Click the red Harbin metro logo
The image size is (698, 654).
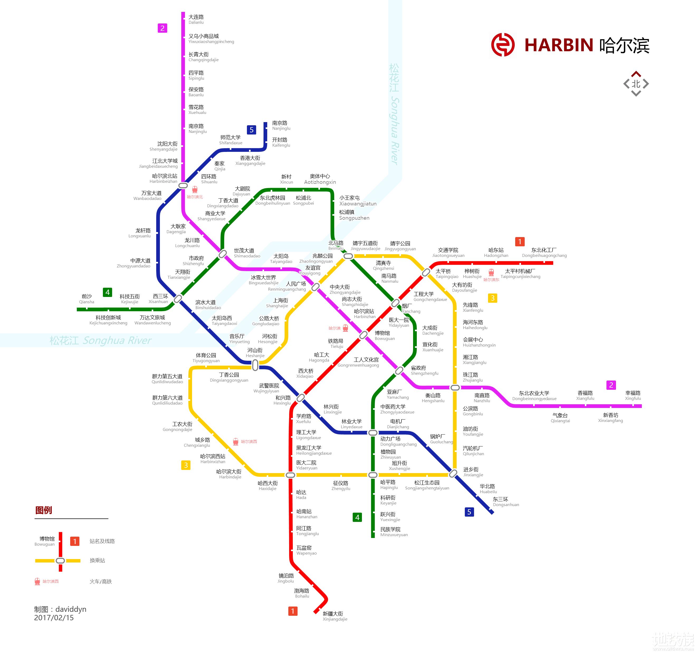[x=503, y=45]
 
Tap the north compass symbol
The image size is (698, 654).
[x=636, y=84]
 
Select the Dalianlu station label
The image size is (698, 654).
[x=196, y=19]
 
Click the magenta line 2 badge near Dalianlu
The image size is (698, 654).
[x=162, y=28]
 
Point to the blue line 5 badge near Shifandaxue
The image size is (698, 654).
[x=251, y=130]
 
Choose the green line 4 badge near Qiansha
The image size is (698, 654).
[x=107, y=292]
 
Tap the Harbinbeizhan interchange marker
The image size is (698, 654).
[x=183, y=185]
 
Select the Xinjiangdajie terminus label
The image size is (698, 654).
[x=334, y=616]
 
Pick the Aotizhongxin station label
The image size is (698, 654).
[x=320, y=179]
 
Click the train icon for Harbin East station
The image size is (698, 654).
[x=491, y=272]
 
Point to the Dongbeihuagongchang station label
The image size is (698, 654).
[x=544, y=252]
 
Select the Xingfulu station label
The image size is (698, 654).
[x=633, y=395]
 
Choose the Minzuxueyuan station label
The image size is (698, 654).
[x=393, y=532]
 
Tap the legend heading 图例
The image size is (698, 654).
[x=44, y=510]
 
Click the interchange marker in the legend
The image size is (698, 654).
[x=60, y=561]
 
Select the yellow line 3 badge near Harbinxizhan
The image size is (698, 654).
[x=186, y=465]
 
